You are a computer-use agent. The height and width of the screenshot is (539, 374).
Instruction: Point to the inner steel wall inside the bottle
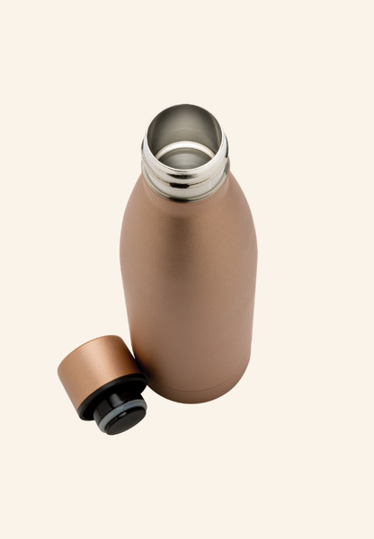184,126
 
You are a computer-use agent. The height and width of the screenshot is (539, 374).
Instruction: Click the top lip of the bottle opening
184,108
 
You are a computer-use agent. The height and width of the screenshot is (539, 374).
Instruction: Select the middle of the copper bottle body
189,287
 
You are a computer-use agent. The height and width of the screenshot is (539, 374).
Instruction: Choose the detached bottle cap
109,382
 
